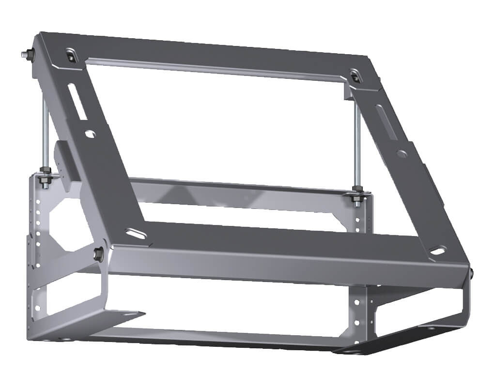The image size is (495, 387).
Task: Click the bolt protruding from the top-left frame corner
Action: [x=26, y=55]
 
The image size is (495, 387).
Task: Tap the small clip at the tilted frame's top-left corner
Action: [x=71, y=56]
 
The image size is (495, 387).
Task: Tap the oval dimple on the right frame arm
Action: [x=402, y=153]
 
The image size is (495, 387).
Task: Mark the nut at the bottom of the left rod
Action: [x=46, y=171]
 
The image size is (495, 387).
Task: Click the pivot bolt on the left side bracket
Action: [x=98, y=252]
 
